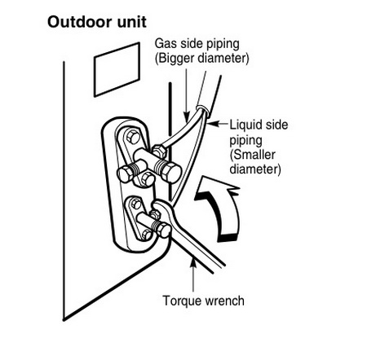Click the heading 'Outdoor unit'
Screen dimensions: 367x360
click(97, 22)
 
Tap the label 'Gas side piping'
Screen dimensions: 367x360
click(197, 44)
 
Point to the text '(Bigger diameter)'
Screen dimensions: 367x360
click(201, 59)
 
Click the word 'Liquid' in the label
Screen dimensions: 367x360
click(246, 125)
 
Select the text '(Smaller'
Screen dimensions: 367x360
click(253, 155)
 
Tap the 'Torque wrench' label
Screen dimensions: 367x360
click(203, 301)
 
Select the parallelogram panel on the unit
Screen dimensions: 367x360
click(117, 69)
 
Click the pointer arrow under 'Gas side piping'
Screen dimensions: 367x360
click(186, 94)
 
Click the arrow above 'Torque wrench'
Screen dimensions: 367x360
click(193, 274)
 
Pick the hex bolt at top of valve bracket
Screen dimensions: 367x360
click(133, 137)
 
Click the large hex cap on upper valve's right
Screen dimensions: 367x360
click(171, 172)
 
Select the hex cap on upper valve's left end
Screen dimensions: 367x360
click(126, 173)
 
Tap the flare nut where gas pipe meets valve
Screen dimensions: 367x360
click(159, 151)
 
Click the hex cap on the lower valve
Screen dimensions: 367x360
click(163, 230)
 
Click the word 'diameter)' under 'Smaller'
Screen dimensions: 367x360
click(255, 169)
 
